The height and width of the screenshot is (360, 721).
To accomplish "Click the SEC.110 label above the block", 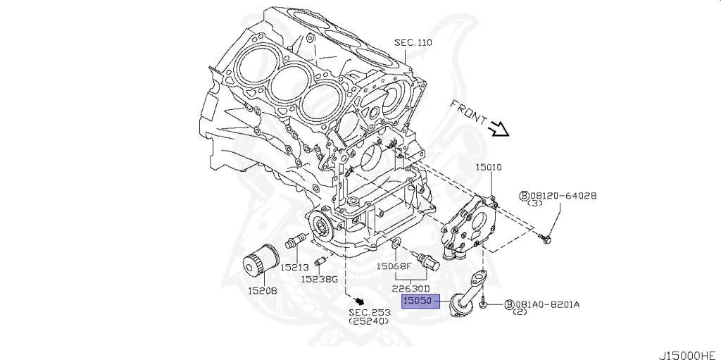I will (x=413, y=43).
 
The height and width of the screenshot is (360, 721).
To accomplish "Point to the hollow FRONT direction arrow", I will (x=499, y=128).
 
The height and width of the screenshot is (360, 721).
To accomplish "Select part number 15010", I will (x=488, y=168).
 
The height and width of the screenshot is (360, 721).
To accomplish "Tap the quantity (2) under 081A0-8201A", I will (x=521, y=312).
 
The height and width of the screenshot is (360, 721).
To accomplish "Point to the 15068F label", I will (x=393, y=266).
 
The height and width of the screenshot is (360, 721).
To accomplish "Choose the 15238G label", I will (x=320, y=279).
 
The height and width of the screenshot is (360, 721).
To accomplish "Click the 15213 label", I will (x=295, y=268).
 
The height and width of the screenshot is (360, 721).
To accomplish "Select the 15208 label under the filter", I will (x=261, y=290).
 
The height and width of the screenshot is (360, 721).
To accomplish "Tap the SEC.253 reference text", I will (x=369, y=312).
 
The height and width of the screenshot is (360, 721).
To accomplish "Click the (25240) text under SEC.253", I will (x=369, y=321).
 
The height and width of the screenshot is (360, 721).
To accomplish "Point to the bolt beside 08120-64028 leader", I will (x=548, y=240).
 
